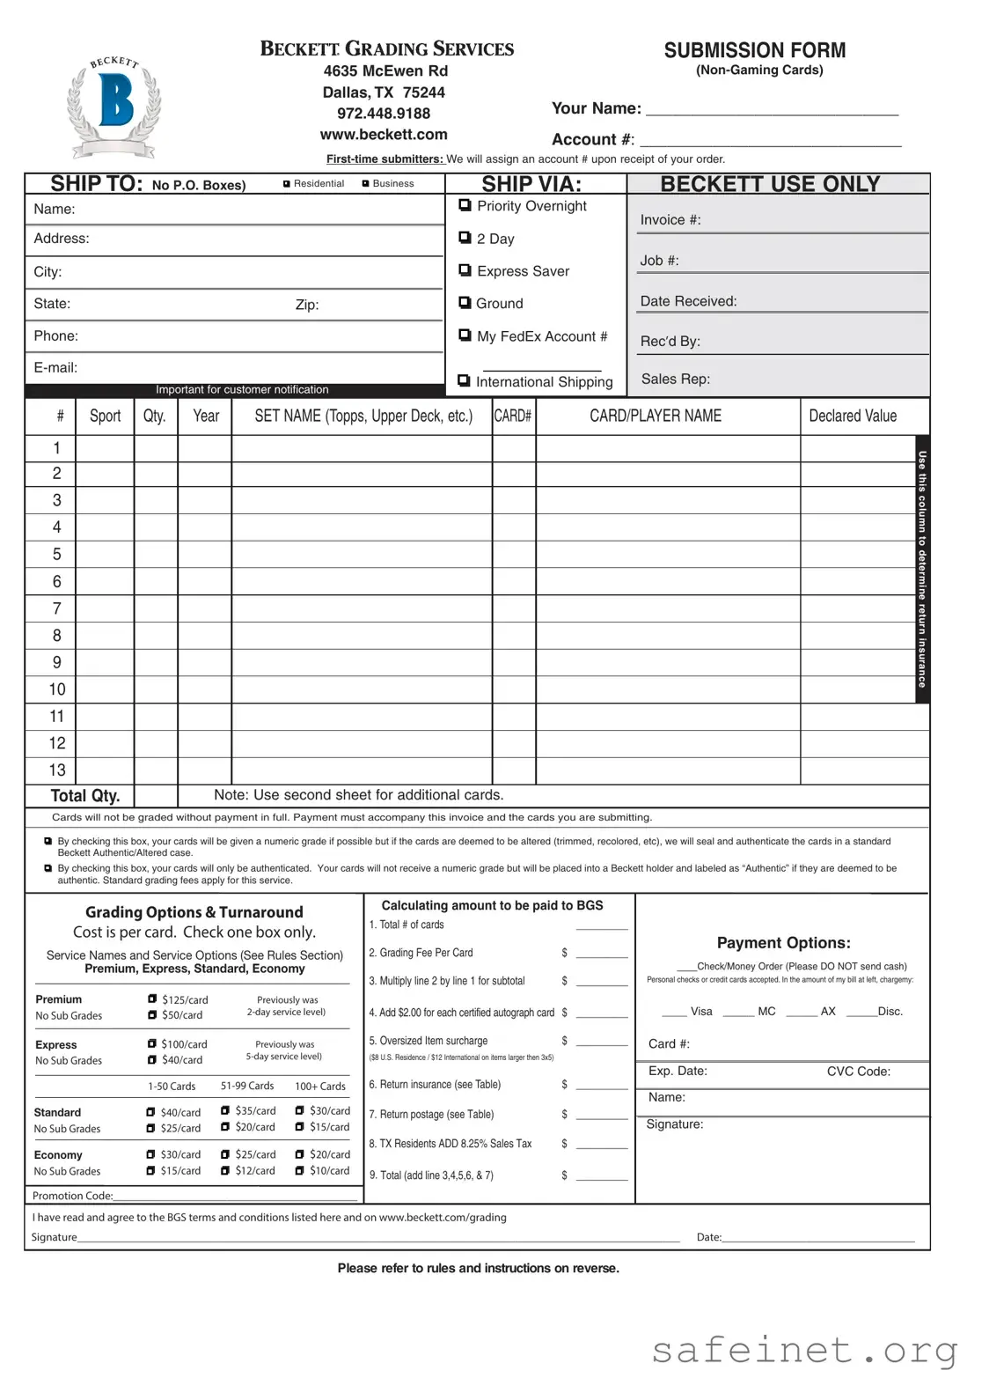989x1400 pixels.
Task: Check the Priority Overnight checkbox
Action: pyautogui.click(x=465, y=205)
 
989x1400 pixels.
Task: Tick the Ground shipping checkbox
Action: pyautogui.click(x=465, y=303)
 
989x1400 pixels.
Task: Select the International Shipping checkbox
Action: pyautogui.click(x=464, y=381)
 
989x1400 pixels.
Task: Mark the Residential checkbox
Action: pyautogui.click(x=287, y=184)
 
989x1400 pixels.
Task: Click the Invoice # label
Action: pyautogui.click(x=670, y=220)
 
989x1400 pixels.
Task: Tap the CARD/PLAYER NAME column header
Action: pyautogui.click(x=656, y=416)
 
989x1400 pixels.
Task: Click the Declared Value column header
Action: pyautogui.click(x=853, y=416)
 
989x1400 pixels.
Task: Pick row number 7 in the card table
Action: pyautogui.click(x=57, y=608)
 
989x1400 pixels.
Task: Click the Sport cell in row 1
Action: pyautogui.click(x=105, y=448)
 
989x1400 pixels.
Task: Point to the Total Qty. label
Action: pyautogui.click(x=85, y=795)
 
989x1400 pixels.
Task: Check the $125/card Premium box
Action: pyautogui.click(x=153, y=999)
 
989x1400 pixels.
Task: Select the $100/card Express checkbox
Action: pyautogui.click(x=153, y=1044)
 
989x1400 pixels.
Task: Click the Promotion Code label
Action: pyautogui.click(x=73, y=1196)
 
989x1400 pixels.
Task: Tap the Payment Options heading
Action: pyautogui.click(x=783, y=943)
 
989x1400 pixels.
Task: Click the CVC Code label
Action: pyautogui.click(x=858, y=1072)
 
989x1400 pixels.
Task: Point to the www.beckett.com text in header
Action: pyautogui.click(x=384, y=135)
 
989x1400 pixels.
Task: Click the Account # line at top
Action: pyautogui.click(x=770, y=140)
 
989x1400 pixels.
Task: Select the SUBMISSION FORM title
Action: pyautogui.click(x=755, y=50)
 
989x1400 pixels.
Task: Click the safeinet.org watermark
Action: pyautogui.click(x=804, y=1350)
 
